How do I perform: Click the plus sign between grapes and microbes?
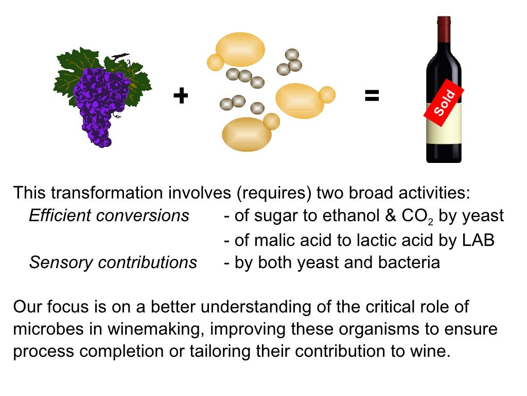[x=180, y=96]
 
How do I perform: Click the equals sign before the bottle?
[x=372, y=95]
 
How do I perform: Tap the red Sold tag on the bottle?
[x=444, y=102]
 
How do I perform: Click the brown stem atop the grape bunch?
[x=119, y=56]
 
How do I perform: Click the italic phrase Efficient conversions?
[x=109, y=216]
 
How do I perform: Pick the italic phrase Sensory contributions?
[x=113, y=262]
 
